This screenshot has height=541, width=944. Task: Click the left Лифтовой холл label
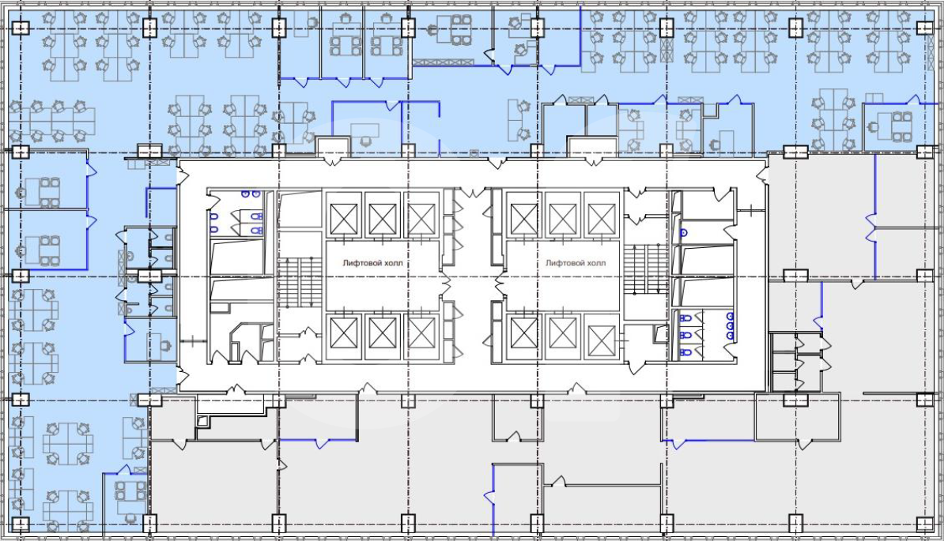372,263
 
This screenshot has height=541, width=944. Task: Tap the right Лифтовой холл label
576,263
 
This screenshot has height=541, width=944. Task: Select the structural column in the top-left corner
21,27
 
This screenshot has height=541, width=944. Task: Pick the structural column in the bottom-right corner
925,524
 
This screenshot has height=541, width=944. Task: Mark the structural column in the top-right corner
925,27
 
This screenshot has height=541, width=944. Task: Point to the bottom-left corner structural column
21,524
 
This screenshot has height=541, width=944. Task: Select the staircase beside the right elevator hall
646,269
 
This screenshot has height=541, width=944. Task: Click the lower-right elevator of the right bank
602,340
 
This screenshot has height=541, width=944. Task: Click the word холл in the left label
393,263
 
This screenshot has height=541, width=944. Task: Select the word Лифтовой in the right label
564,263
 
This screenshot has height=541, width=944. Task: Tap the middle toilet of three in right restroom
685,335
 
